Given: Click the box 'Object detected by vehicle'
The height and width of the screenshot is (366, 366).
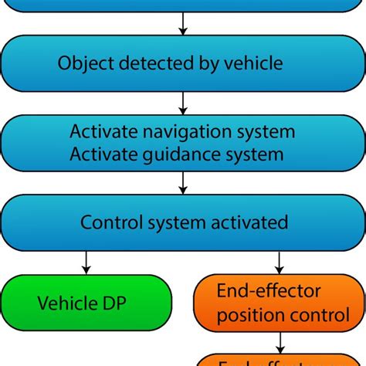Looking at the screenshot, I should [x=183, y=63].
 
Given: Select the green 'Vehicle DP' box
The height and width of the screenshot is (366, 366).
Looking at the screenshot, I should [x=85, y=302].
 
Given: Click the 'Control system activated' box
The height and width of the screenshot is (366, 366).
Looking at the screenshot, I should [x=183, y=223].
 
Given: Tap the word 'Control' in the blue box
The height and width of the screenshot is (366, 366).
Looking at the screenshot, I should [x=110, y=223].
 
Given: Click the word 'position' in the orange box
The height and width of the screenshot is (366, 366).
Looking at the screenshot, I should [x=246, y=315].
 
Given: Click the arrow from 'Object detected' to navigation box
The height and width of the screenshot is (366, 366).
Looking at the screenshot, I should [x=183, y=103].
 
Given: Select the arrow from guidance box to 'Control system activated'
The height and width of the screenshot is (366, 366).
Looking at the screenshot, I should [x=183, y=183].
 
